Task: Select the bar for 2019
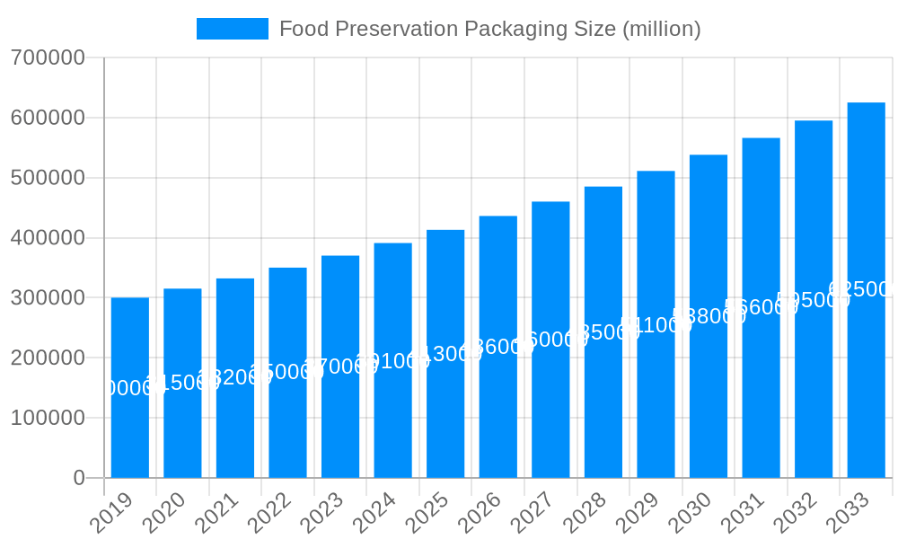[130, 387]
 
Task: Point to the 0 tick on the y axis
[79, 478]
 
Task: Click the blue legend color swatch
[233, 29]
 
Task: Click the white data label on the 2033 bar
[862, 289]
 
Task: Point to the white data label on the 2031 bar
[761, 307]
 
